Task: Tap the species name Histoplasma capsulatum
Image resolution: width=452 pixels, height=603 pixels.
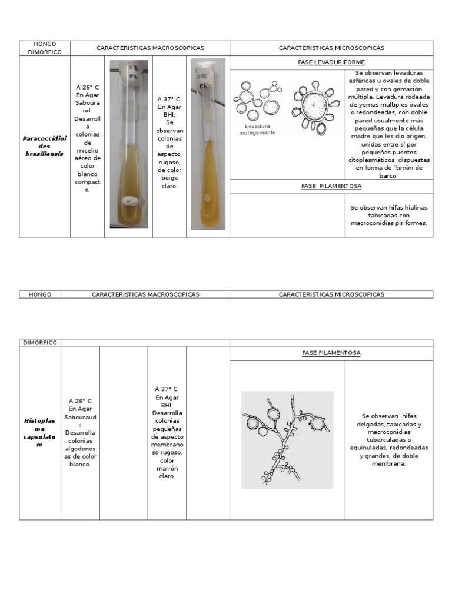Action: click(x=39, y=432)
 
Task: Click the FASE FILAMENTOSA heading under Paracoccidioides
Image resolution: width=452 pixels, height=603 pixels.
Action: click(x=331, y=186)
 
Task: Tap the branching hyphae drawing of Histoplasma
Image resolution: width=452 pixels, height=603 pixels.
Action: click(x=287, y=439)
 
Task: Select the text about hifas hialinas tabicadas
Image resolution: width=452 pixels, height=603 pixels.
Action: click(x=388, y=216)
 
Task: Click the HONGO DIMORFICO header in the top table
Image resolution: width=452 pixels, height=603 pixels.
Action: click(x=44, y=48)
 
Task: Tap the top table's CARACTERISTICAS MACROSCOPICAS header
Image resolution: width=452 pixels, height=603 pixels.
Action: click(x=149, y=48)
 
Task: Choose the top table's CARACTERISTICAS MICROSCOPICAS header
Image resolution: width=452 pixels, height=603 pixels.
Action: click(x=331, y=48)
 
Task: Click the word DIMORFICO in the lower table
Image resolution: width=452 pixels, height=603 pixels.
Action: click(x=40, y=342)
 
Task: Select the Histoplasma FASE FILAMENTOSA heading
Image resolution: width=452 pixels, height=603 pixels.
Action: click(x=331, y=353)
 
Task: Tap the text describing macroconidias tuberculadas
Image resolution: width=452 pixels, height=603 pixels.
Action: click(x=388, y=439)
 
